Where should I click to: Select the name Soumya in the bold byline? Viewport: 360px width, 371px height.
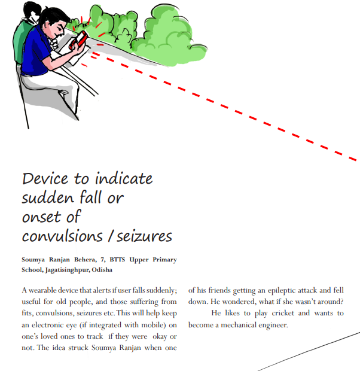pyautogui.click(x=35, y=260)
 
